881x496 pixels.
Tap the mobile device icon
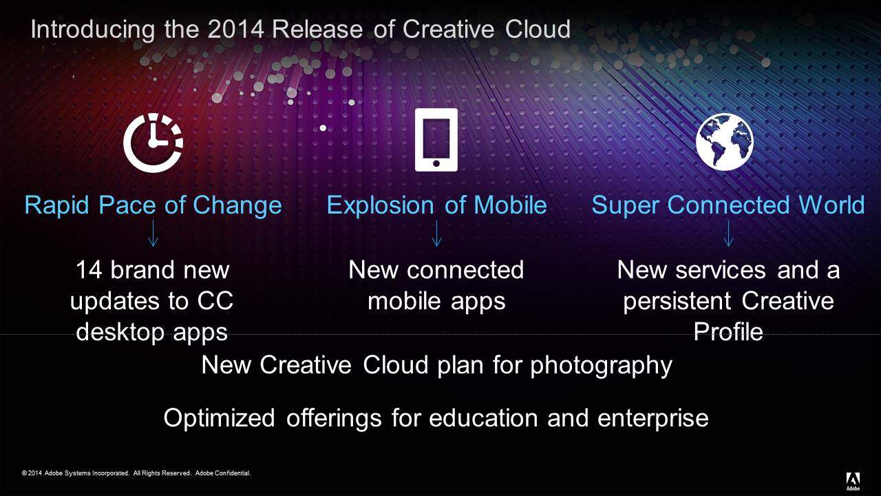click(x=436, y=140)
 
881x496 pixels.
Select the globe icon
click(x=725, y=142)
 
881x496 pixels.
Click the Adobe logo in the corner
click(x=853, y=481)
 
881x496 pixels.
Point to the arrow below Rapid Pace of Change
click(x=153, y=234)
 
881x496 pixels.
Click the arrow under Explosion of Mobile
click(x=436, y=234)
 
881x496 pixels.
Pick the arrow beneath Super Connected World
click(x=728, y=234)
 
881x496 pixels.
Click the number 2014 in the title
click(x=235, y=29)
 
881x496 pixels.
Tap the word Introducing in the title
click(x=93, y=30)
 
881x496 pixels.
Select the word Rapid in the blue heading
click(x=57, y=205)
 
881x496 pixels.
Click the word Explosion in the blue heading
click(x=381, y=205)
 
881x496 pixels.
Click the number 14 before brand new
click(x=89, y=270)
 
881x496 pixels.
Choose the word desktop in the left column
click(x=120, y=332)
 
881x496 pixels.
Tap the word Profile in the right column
click(x=728, y=331)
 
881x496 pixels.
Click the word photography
click(x=601, y=366)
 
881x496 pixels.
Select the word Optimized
click(x=219, y=418)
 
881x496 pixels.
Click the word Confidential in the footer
click(x=223, y=473)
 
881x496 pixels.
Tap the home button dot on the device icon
click(x=436, y=163)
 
